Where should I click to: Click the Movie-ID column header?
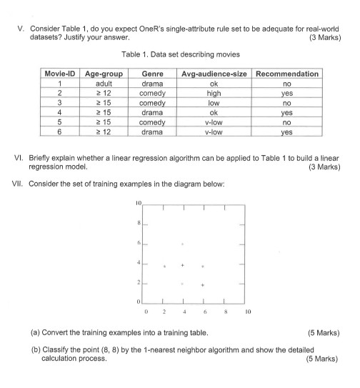click(60, 74)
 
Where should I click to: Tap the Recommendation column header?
click(286, 74)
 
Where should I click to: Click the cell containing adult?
click(104, 84)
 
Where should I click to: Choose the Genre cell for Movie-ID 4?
click(152, 112)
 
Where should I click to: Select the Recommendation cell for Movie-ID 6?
click(286, 131)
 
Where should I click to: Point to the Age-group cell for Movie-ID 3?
click(104, 103)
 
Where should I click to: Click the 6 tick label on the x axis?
click(204, 312)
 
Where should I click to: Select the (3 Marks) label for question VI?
click(324, 168)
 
